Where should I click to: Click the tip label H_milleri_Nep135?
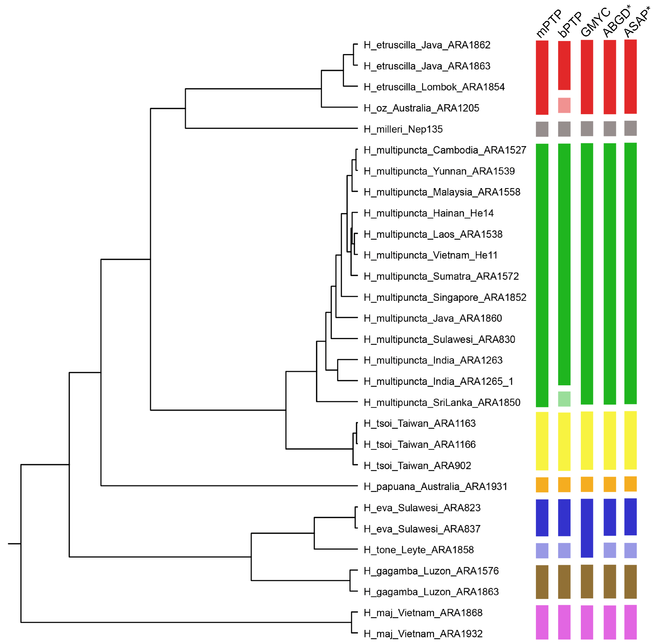click(x=403, y=129)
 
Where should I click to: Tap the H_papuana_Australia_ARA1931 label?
click(x=435, y=487)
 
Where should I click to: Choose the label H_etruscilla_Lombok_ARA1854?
click(x=434, y=87)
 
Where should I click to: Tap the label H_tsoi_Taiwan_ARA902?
click(x=417, y=466)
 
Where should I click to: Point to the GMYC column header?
click(x=595, y=22)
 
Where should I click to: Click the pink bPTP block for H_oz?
click(x=564, y=105)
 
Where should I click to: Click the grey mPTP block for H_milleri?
click(x=542, y=129)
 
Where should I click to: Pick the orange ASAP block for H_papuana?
click(x=630, y=484)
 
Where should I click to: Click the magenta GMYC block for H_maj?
click(x=587, y=622)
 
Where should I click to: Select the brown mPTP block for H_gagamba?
click(x=542, y=582)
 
